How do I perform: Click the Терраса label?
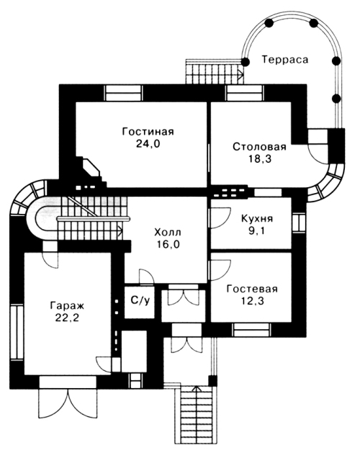click(x=284, y=60)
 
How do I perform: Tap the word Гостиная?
click(x=148, y=132)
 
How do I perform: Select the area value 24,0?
click(x=148, y=144)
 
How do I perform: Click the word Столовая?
click(x=259, y=147)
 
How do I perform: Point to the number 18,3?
click(x=260, y=159)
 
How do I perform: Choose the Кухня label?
click(x=257, y=218)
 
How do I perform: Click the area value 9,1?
click(x=256, y=230)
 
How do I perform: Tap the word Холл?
click(x=168, y=232)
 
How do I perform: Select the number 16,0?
click(x=168, y=244)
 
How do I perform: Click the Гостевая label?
click(x=252, y=289)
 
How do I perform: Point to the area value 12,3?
click(x=253, y=301)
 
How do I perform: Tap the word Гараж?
click(x=67, y=305)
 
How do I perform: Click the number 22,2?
click(x=67, y=318)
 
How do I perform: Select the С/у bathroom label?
click(x=140, y=300)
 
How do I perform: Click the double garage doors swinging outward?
click(x=68, y=403)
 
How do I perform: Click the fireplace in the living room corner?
click(x=91, y=171)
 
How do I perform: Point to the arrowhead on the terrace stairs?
click(x=241, y=74)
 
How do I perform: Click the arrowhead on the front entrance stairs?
click(x=197, y=389)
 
